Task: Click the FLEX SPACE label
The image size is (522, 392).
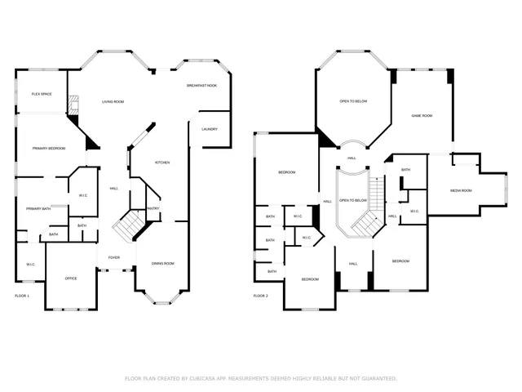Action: pos(42,95)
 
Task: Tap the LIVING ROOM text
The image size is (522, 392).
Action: pos(113,101)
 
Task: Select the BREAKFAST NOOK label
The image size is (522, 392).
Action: pos(201,86)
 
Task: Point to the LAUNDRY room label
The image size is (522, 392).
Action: pos(209,129)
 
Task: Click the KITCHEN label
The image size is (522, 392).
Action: pos(162,163)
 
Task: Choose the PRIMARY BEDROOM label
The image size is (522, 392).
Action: pos(49,149)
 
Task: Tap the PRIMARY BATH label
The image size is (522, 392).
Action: pos(38,209)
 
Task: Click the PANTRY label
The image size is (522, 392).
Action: pos(153,209)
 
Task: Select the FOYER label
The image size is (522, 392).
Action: pos(114,258)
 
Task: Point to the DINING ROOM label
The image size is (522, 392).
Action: pos(163,264)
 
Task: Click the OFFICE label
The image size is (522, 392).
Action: pos(71,279)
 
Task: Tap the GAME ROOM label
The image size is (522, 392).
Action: pos(422,116)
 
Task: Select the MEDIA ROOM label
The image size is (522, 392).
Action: pos(461,191)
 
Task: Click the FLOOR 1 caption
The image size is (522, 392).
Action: pos(22,296)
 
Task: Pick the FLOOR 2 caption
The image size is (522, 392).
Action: pos(260,296)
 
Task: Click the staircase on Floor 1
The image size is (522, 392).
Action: pos(126,225)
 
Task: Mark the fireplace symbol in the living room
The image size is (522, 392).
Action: pos(74,105)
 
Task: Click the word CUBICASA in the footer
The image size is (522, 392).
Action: pos(197,379)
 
